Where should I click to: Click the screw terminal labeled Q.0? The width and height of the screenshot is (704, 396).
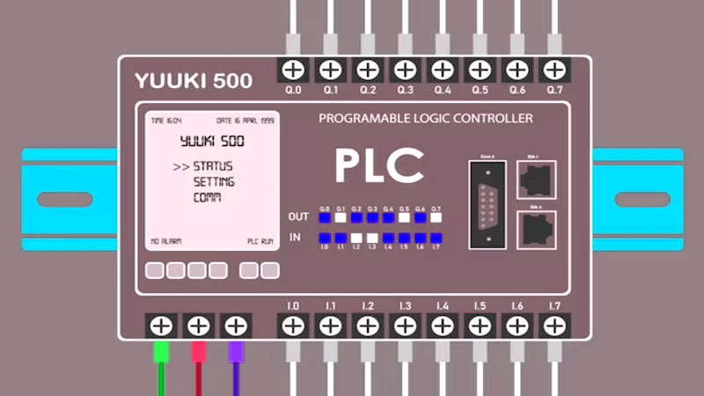pos(293,69)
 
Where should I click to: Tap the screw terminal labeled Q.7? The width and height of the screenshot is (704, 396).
pos(553,69)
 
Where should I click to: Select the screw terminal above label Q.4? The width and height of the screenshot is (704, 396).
pos(442,69)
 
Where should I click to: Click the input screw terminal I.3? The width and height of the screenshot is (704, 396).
pos(404,326)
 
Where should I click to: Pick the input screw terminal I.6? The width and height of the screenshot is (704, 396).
pos(516,326)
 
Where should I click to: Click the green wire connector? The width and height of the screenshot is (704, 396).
pos(160,352)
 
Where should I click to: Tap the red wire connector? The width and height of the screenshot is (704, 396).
pos(198,352)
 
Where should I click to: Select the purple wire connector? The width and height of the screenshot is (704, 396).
pos(235,352)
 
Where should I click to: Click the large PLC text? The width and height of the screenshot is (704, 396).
pos(379,165)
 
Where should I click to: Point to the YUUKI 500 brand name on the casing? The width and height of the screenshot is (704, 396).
pos(194,82)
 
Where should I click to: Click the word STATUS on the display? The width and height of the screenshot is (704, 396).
pos(214,166)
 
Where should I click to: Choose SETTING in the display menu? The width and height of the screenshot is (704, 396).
pos(214,182)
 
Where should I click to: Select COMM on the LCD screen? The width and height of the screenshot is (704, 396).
pos(208,198)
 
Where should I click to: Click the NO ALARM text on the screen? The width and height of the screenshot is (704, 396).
pos(167,239)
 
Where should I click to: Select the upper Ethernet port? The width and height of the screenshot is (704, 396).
pos(534,181)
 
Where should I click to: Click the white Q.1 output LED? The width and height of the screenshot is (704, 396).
pos(341,216)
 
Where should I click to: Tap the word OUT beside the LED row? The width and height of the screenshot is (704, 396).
pos(299,216)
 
